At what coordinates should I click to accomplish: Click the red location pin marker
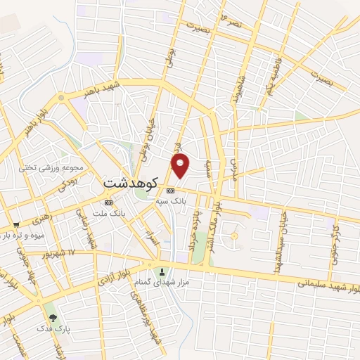181,165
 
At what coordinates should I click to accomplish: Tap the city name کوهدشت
129,181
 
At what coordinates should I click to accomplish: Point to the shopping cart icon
15,225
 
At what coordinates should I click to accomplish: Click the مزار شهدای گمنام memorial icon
162,272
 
